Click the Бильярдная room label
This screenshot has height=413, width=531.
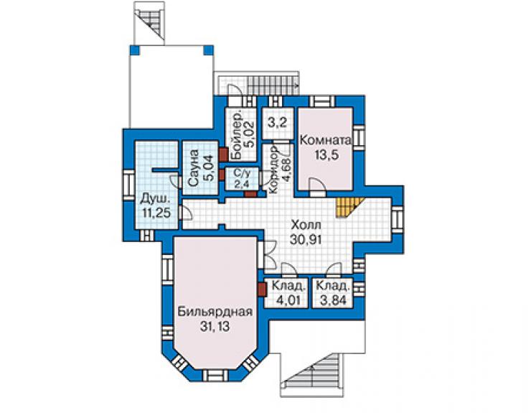click(x=215, y=312)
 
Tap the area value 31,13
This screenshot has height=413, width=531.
click(x=215, y=327)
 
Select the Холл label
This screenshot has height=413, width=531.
click(x=306, y=225)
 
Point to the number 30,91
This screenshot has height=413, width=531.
click(x=306, y=239)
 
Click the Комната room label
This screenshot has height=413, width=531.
click(x=326, y=140)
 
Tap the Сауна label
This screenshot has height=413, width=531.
click(x=193, y=168)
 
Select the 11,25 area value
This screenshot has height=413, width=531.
click(x=156, y=213)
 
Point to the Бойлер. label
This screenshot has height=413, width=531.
click(x=237, y=134)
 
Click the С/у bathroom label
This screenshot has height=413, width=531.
click(x=242, y=174)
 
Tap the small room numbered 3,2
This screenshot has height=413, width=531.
click(x=278, y=123)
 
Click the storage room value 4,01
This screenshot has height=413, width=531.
click(x=286, y=300)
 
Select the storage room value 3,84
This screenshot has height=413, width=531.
click(x=331, y=300)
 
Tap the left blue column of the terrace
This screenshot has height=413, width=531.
click(x=134, y=50)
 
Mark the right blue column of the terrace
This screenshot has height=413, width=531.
click(x=209, y=50)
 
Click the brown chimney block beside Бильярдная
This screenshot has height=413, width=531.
click(x=262, y=290)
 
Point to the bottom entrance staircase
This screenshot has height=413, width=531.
click(x=311, y=375)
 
